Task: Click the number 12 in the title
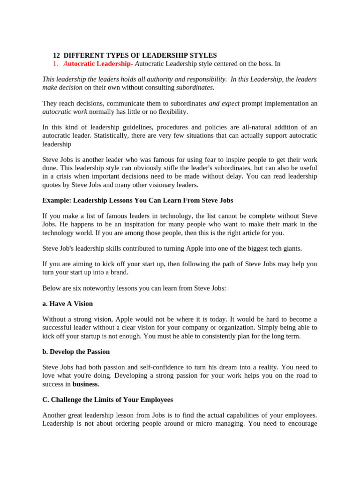[x=56, y=55]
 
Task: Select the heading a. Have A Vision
[x=67, y=304]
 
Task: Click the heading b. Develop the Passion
[x=76, y=352]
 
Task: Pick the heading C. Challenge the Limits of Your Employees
[x=107, y=400]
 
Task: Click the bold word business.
[x=86, y=384]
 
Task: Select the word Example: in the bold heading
[x=57, y=200]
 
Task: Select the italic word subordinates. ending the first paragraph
[x=195, y=87]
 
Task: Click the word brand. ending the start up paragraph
[x=118, y=272]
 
